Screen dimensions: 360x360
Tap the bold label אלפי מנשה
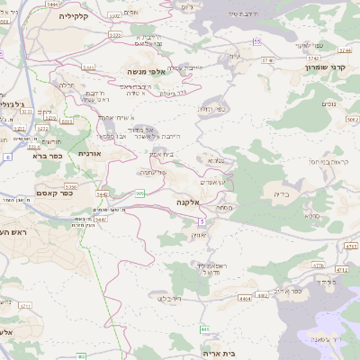(x=143, y=71)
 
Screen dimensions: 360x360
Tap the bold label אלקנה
(x=184, y=204)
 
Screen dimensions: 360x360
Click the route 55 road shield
(x=257, y=42)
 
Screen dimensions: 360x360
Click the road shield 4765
(x=351, y=245)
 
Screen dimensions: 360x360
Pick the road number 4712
(x=340, y=268)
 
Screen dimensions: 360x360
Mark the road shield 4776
(x=318, y=265)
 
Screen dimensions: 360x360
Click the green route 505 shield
(x=139, y=193)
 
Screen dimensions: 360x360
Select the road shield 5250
(x=70, y=186)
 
